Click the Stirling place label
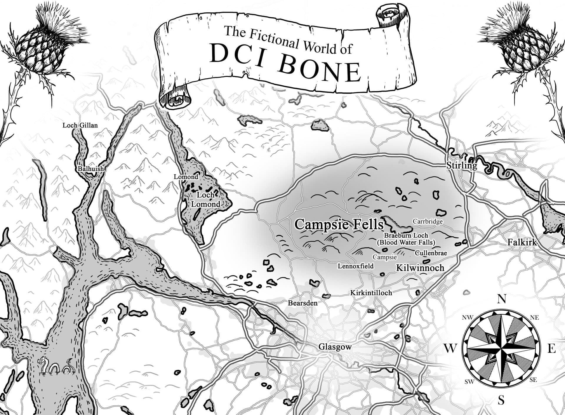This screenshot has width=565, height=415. pos(461,165)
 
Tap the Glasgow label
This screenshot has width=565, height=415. pos(335,347)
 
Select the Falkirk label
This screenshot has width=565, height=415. pos(522,242)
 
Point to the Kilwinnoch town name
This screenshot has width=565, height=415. pos(420,268)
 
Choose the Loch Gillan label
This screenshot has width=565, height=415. pos(80,125)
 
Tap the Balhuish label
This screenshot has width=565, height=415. pos(91,169)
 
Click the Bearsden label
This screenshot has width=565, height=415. pos(303,303)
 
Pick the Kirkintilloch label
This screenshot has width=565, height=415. pos(371,293)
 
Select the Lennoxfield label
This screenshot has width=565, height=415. pos(355,266)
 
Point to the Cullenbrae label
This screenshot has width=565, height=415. pos(431,253)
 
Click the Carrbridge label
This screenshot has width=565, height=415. pos(428,221)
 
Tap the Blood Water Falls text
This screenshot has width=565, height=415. pos(406,243)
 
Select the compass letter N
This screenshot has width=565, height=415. pos(501,299)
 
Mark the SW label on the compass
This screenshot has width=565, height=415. pos(469,382)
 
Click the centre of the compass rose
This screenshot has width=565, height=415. pos(501,348)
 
